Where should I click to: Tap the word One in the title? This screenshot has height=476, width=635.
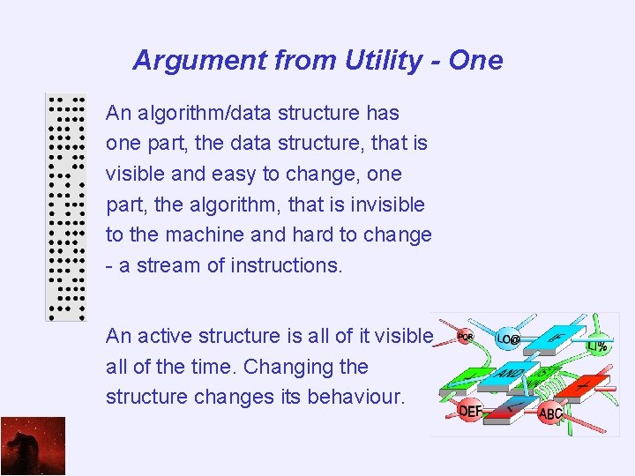pyautogui.click(x=475, y=61)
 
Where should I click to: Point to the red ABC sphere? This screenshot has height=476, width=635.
pyautogui.click(x=550, y=413)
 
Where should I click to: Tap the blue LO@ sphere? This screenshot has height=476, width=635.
pyautogui.click(x=508, y=338)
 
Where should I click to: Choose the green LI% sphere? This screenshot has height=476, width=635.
pyautogui.click(x=596, y=346)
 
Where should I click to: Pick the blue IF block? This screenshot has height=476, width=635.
pyautogui.click(x=555, y=338)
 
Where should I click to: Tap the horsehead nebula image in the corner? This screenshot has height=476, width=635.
pyautogui.click(x=33, y=446)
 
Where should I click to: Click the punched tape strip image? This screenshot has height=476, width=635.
pyautogui.click(x=66, y=207)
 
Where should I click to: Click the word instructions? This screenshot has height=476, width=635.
pyautogui.click(x=286, y=264)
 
